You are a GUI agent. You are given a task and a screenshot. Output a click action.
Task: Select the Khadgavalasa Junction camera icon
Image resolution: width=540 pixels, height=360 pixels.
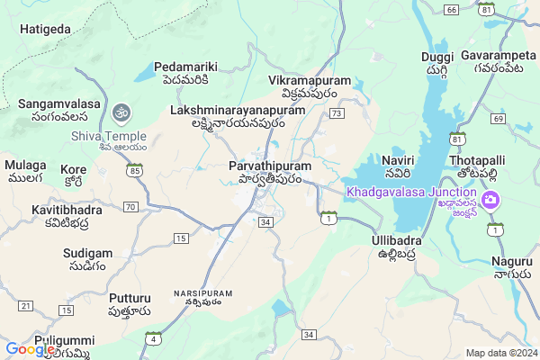point(491,198)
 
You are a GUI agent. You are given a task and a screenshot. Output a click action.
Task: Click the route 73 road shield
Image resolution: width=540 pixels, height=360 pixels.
point(337,113)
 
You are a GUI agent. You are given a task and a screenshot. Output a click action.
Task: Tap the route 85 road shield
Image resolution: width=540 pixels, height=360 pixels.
point(135,169)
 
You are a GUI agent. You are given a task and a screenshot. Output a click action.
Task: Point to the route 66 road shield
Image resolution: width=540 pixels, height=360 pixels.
point(451,9)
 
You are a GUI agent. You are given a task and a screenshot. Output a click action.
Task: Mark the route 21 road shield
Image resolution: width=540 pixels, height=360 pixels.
point(25,307)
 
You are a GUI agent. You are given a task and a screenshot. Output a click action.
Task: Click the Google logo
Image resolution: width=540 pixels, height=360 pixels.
point(30,349)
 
